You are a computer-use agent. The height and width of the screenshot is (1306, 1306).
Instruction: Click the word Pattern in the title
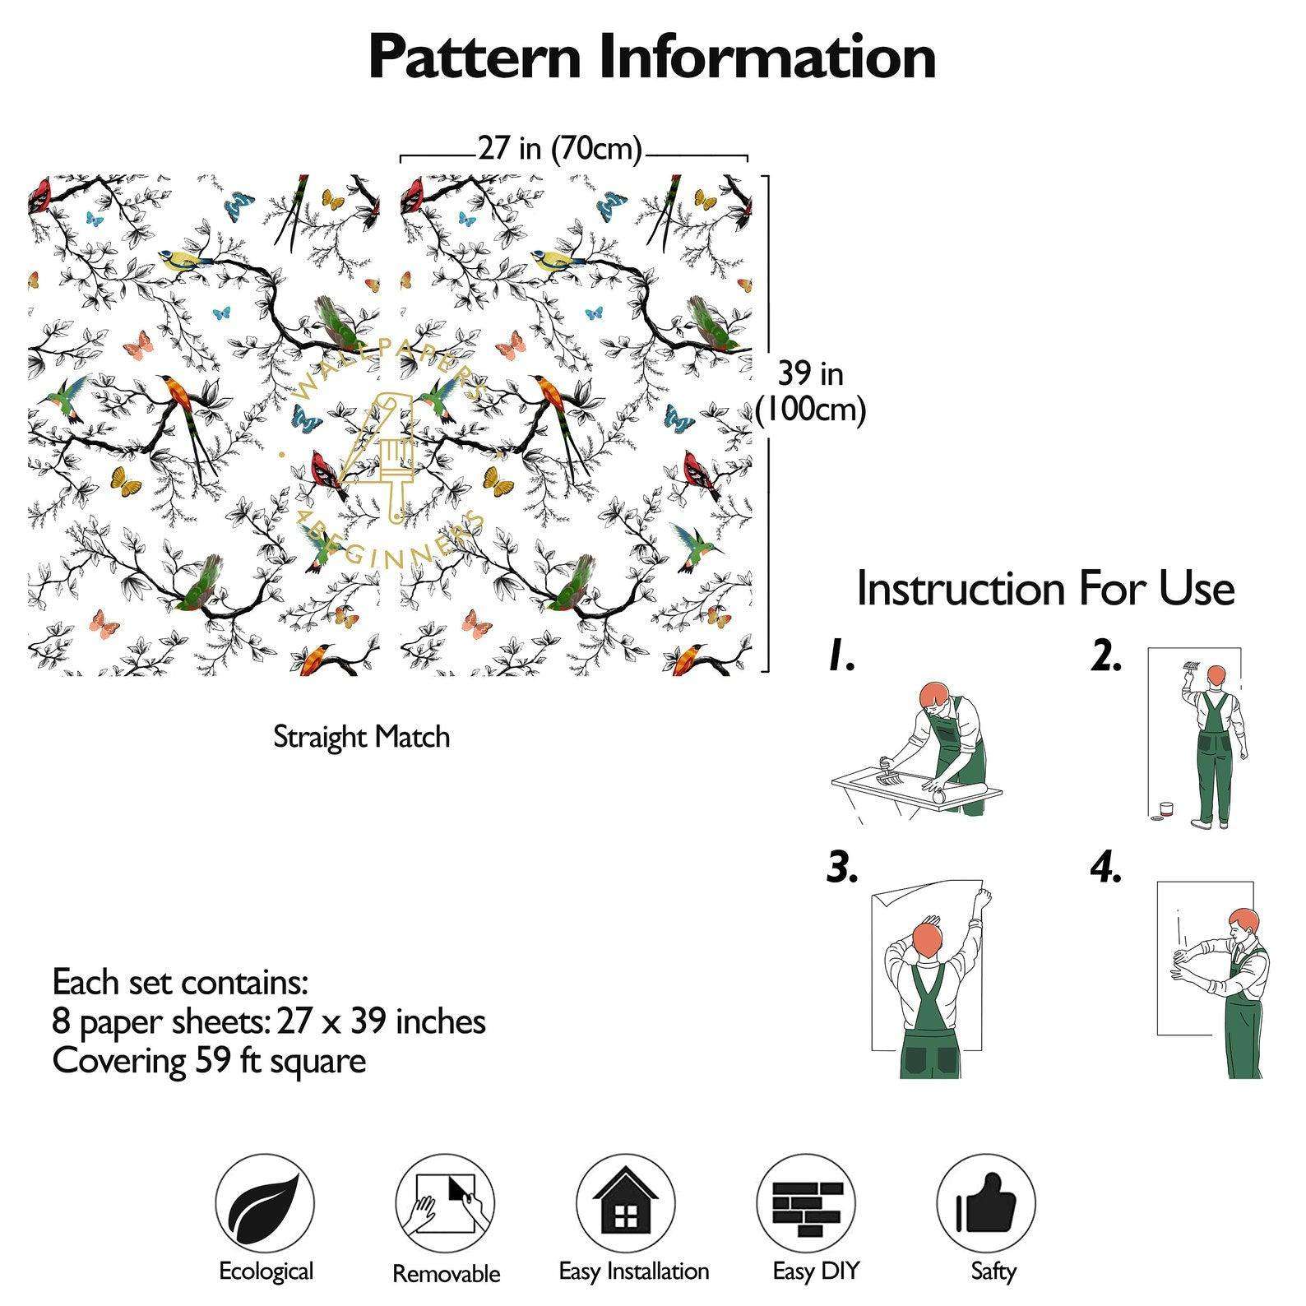[477, 58]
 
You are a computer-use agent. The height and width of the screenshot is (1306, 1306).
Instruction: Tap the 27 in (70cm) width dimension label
[559, 149]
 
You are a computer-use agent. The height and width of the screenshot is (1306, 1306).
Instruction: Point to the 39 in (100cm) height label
[811, 391]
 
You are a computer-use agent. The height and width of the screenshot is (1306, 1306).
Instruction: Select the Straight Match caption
[361, 737]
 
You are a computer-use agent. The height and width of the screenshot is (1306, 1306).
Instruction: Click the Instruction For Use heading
[1044, 589]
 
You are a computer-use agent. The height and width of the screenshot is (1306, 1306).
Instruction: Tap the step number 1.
[841, 656]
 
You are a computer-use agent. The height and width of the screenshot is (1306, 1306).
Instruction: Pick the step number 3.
[842, 868]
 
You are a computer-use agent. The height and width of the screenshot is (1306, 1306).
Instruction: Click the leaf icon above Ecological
[265, 1203]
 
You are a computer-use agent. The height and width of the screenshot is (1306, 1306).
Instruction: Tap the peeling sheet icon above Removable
[445, 1203]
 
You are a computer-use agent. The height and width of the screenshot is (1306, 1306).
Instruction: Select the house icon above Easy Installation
[625, 1203]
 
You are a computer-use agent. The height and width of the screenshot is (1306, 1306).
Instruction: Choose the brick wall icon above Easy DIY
[806, 1203]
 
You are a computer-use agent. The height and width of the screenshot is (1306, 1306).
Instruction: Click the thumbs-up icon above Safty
[986, 1203]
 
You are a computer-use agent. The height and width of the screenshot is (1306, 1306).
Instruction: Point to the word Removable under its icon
[446, 1274]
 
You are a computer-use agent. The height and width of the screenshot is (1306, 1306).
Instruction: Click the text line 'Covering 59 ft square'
[209, 1061]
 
